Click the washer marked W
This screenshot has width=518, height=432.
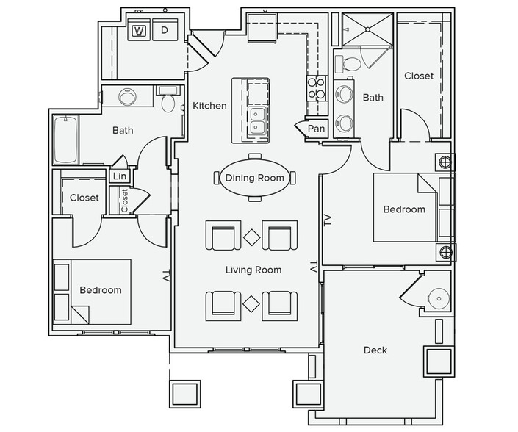coord(138,30)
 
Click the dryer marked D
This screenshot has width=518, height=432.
coord(165,30)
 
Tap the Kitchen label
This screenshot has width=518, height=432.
coord(209,106)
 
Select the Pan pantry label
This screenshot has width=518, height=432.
coord(316,129)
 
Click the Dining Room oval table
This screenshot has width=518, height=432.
coord(254,178)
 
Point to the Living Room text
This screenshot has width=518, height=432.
coord(253,270)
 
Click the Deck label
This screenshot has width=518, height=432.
coord(375,350)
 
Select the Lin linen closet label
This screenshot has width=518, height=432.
coord(119,176)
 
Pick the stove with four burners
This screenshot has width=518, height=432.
coord(317,87)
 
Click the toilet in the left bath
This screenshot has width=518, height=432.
coord(168,102)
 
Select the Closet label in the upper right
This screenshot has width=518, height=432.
coord(419,76)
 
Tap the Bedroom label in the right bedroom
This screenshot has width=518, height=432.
coord(404,209)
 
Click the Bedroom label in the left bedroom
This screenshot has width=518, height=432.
coord(100,289)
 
